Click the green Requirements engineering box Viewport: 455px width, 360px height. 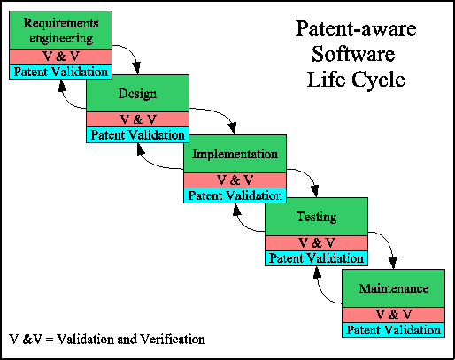click(60, 28)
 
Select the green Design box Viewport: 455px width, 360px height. click(137, 94)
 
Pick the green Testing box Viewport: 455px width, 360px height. click(315, 217)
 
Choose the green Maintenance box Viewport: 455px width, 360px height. click(393, 288)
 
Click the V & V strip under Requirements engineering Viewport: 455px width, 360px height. click(60, 57)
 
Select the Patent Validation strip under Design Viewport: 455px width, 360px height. click(137, 135)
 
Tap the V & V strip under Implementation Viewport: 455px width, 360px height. click(235, 180)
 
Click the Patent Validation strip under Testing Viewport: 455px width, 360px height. click(315, 258)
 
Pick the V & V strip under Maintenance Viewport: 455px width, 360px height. click(393, 315)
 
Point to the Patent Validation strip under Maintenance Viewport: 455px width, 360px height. click(393, 330)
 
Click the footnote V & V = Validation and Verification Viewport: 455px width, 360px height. click(107, 340)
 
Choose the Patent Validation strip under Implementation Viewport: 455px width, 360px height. click(235, 195)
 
